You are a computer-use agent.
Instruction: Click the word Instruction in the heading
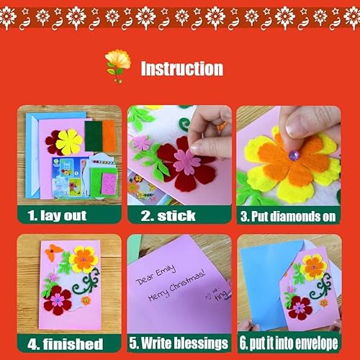click(181, 68)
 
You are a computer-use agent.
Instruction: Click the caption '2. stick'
click(168, 215)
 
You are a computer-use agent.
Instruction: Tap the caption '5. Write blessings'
click(179, 343)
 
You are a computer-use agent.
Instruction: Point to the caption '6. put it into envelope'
click(289, 343)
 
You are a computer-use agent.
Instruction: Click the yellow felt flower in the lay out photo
click(69, 141)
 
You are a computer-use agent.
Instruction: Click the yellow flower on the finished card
click(84, 258)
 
